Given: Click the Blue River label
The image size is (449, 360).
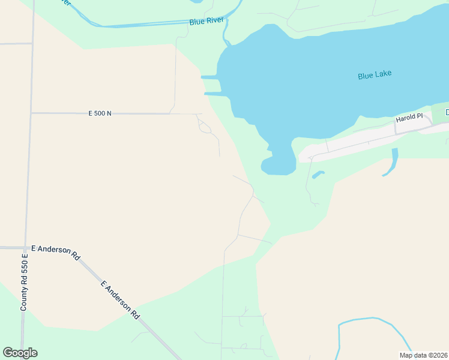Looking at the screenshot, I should tap(206, 21).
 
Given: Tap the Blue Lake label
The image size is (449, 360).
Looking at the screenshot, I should tap(375, 75).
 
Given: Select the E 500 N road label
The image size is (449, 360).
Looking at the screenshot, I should tap(100, 113).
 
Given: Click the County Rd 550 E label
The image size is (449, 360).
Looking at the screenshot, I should tap(25, 281).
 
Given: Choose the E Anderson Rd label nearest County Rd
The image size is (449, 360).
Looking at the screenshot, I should tap(56, 251).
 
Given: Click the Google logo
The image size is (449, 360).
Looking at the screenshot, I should tap(20, 353).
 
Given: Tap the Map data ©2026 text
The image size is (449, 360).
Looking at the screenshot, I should tap(423, 355).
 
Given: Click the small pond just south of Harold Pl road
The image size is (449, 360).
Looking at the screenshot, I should tap(318, 175).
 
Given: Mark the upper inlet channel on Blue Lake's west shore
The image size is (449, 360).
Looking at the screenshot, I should tap(209, 77).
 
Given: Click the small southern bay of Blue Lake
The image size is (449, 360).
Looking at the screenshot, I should tap(278, 162).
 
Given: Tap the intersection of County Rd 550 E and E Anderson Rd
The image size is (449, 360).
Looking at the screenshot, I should tap(26, 247).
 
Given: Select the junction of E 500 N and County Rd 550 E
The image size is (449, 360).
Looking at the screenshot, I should tap(31, 113).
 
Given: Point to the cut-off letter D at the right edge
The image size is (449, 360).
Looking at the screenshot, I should tap(447, 112).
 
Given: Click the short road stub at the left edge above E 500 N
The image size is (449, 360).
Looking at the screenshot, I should tap(15, 44).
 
